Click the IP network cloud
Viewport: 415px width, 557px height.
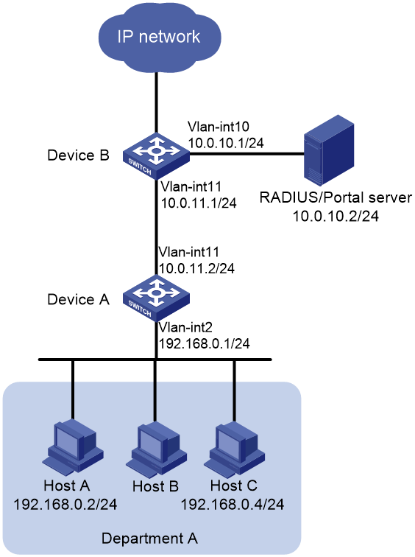(159, 38)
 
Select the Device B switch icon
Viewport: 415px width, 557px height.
(156, 155)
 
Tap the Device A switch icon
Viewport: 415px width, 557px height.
(156, 298)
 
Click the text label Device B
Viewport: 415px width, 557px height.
(79, 155)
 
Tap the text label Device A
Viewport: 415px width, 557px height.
(79, 299)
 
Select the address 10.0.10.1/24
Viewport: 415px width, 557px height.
(227, 143)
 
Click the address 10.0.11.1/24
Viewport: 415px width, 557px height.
(199, 203)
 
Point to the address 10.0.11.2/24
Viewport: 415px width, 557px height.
(197, 268)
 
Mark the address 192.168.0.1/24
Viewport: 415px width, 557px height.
(205, 343)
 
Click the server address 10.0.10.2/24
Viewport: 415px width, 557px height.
(336, 216)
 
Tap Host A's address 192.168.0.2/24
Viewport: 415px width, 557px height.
(65, 505)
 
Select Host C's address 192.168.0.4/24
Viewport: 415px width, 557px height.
(233, 505)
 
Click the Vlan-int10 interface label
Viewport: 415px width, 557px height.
(219, 127)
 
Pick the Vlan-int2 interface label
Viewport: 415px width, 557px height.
(185, 327)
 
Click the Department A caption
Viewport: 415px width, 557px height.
(149, 539)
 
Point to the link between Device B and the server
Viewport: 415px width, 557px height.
(247, 154)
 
